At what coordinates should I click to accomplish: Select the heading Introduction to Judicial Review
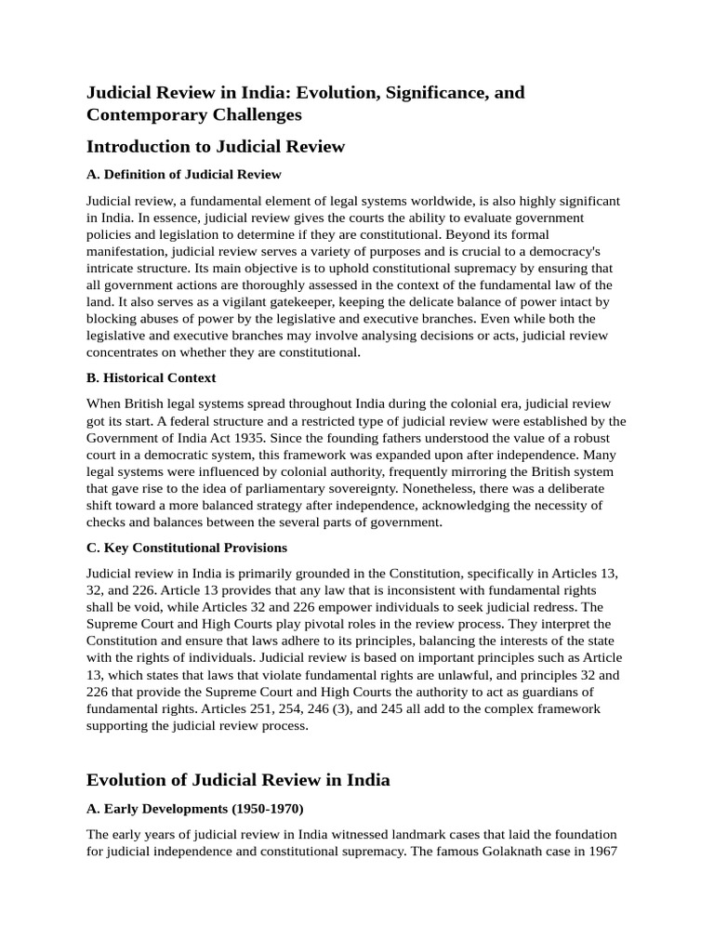pos(215,147)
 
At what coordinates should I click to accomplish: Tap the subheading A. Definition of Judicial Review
pos(184,174)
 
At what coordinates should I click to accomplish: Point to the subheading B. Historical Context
pos(151,377)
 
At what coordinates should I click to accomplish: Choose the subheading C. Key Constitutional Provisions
pos(187,547)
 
